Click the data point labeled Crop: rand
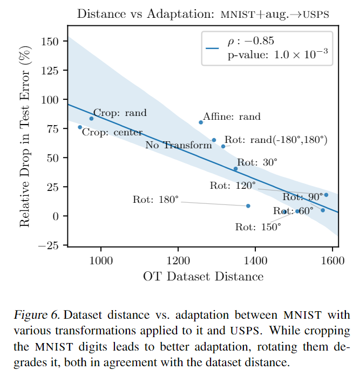click(x=91, y=118)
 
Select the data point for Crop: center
click(x=80, y=127)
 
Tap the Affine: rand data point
click(x=201, y=122)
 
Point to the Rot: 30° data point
click(x=235, y=169)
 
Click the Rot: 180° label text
click(x=155, y=200)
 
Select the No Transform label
click(x=179, y=145)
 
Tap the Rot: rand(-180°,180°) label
click(x=276, y=139)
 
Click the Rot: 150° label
click(x=258, y=227)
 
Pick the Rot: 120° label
click(x=233, y=186)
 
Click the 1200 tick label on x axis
click(x=178, y=261)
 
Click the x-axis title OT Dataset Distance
click(x=203, y=277)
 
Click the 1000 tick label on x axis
click(x=100, y=261)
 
